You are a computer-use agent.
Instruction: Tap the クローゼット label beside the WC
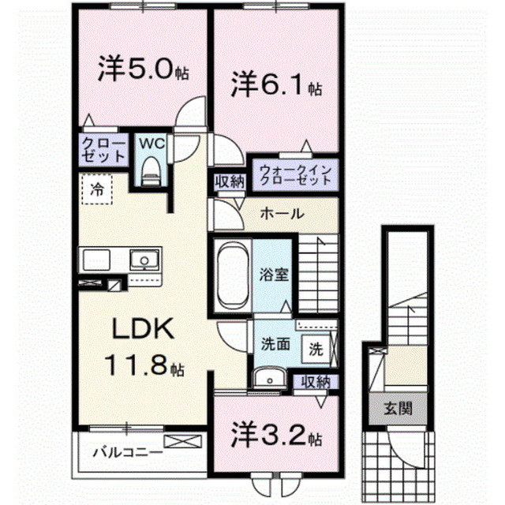coord(103,149)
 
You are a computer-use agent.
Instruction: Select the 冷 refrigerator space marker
coord(96,189)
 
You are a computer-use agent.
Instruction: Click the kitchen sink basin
coord(144,260)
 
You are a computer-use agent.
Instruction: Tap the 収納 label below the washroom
coord(315,382)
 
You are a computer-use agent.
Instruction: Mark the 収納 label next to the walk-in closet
coord(230,181)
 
